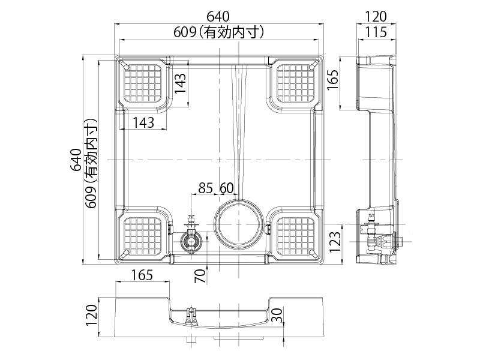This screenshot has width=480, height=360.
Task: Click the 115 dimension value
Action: click(376, 32)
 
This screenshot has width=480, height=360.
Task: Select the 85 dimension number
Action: click(205, 188)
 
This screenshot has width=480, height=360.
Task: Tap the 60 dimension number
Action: click(227, 188)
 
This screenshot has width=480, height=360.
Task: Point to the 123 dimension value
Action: click(334, 242)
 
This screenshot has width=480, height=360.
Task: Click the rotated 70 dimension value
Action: click(200, 276)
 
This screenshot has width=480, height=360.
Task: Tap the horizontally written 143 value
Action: click(143, 123)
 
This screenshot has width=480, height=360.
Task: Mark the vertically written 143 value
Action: click(181, 84)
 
